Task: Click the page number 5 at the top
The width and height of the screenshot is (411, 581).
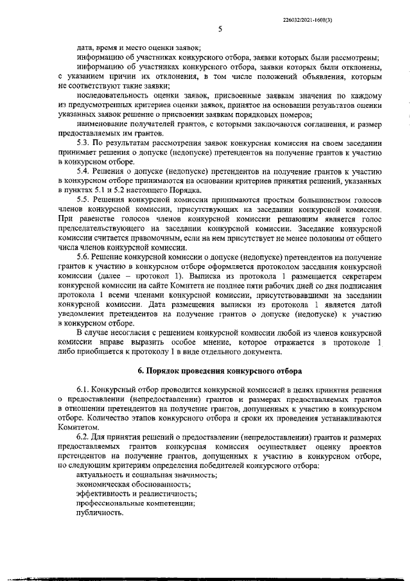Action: [x=220, y=29]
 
